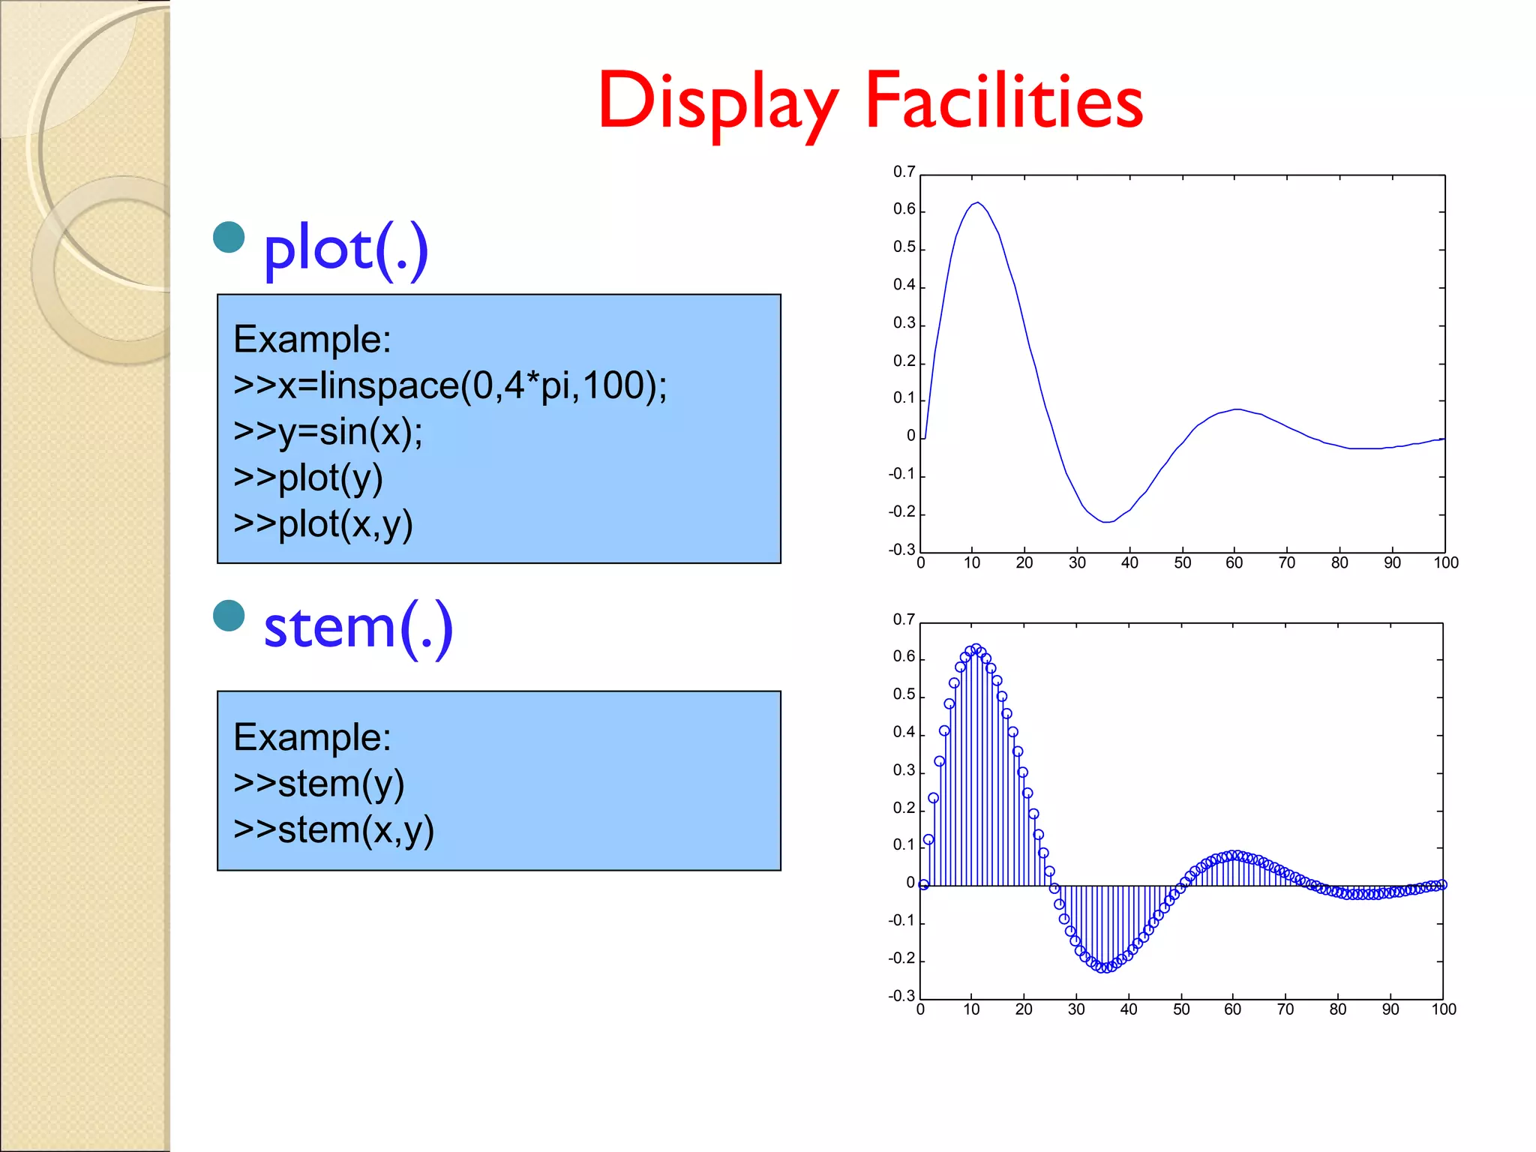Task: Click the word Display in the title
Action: [x=718, y=102]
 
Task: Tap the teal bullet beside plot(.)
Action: [x=229, y=237]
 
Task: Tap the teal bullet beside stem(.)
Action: [x=229, y=616]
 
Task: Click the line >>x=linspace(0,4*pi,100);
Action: [x=450, y=385]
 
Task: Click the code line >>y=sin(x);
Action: [x=328, y=432]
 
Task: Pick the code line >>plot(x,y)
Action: [x=322, y=524]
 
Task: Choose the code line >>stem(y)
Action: [x=319, y=784]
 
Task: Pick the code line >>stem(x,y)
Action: [x=334, y=829]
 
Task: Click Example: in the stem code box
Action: [x=312, y=737]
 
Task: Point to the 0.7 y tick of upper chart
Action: [x=904, y=172]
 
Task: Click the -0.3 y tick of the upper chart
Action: [x=901, y=550]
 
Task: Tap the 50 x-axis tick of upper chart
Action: [x=1182, y=563]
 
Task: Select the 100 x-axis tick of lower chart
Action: [x=1443, y=1009]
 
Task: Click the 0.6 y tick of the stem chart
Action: [x=904, y=657]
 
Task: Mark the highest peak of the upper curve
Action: [x=977, y=202]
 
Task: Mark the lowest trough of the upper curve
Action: [x=1107, y=522]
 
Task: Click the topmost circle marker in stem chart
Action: [x=976, y=648]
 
